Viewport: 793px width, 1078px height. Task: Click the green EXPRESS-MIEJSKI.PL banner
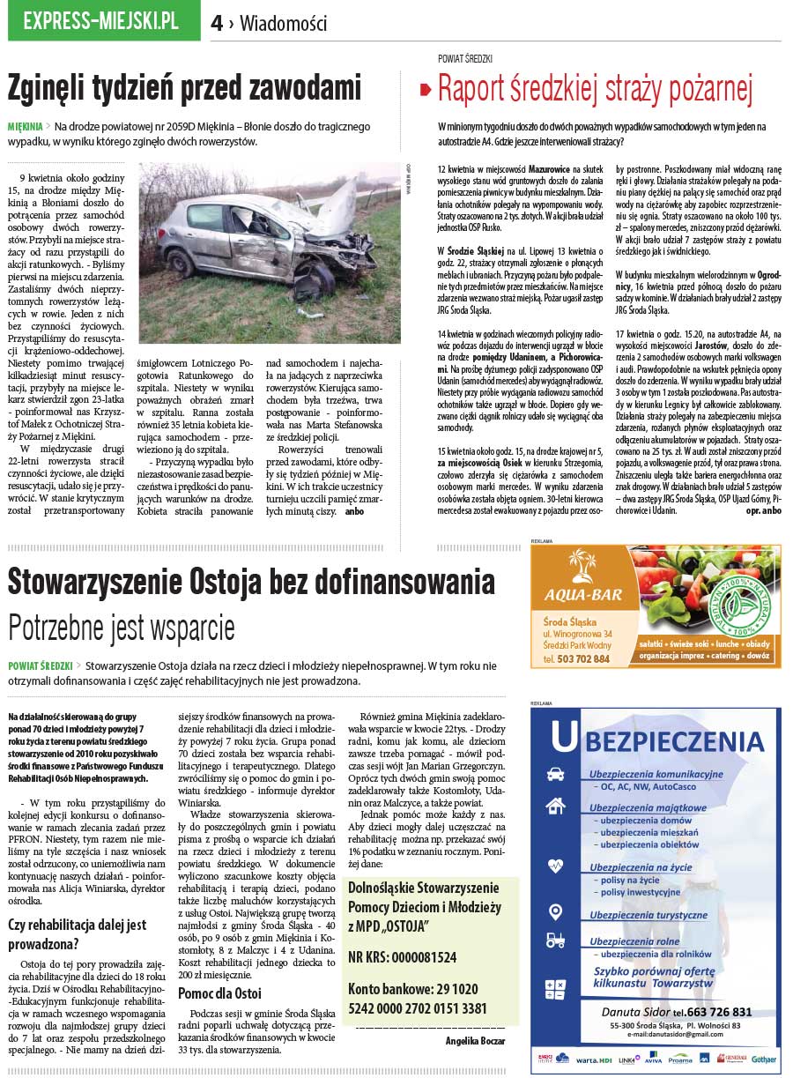pyautogui.click(x=104, y=21)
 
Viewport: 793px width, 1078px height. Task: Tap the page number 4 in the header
pyautogui.click(x=217, y=24)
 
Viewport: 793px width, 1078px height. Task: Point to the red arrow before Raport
pyautogui.click(x=425, y=90)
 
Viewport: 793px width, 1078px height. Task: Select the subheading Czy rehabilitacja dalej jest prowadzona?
pyautogui.click(x=77, y=933)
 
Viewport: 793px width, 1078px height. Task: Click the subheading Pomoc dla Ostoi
pyautogui.click(x=219, y=993)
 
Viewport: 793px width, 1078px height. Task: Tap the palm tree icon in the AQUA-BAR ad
pyautogui.click(x=582, y=564)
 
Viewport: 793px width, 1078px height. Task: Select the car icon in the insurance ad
pyautogui.click(x=555, y=775)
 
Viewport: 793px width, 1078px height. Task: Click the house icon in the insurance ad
pyautogui.click(x=555, y=805)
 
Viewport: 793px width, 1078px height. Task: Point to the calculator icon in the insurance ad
pyautogui.click(x=555, y=989)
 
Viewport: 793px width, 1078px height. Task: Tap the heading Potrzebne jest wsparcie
pyautogui.click(x=122, y=628)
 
